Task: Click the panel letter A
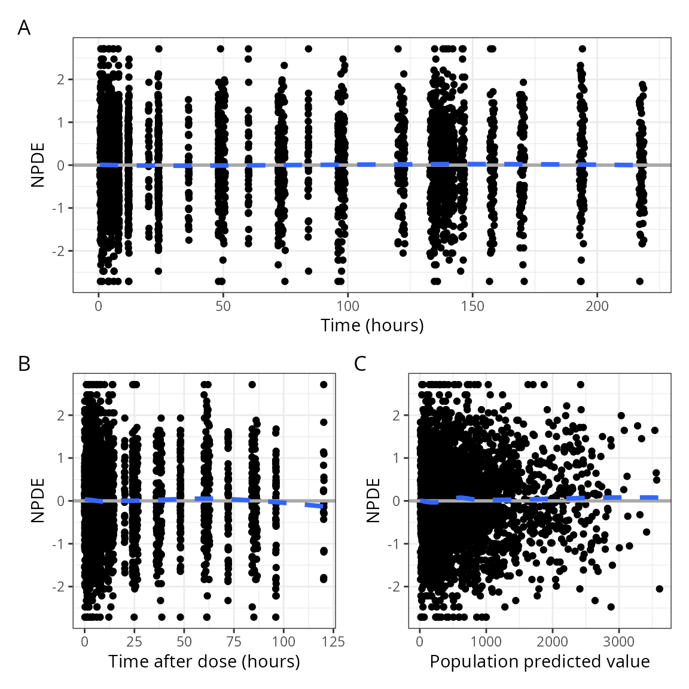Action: (24, 28)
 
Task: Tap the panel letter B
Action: (24, 364)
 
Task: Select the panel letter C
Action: (360, 364)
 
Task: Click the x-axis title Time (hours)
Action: (372, 325)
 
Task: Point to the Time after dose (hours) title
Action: (204, 661)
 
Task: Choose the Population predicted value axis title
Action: (539, 661)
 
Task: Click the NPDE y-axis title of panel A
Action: (38, 165)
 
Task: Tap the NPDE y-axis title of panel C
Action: (373, 501)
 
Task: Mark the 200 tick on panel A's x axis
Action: (597, 307)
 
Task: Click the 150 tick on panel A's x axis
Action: (472, 307)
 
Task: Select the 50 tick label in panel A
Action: (223, 307)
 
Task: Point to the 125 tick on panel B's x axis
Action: (333, 642)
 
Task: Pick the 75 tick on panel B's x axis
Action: (234, 642)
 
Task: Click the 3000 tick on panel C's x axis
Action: (618, 642)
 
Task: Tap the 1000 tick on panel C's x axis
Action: (486, 642)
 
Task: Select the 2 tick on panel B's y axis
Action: (62, 415)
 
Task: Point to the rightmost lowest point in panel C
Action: (660, 589)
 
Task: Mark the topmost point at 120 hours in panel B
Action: (324, 385)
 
